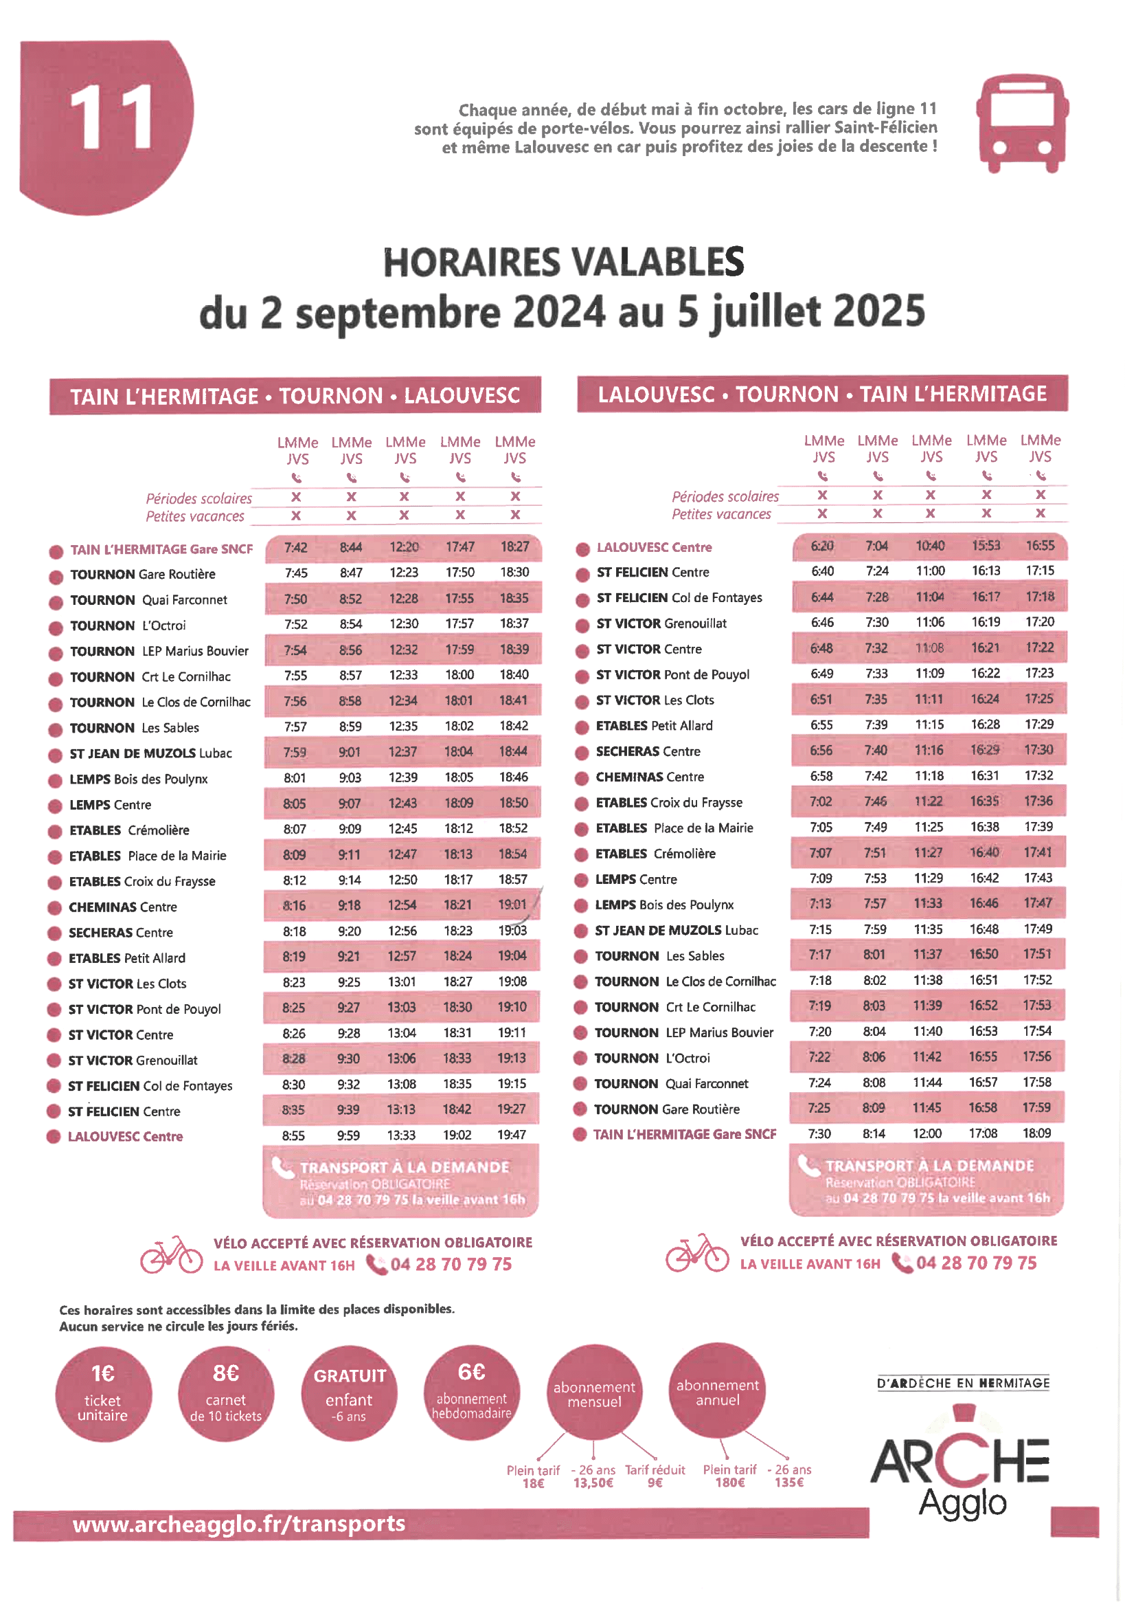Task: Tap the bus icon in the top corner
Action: [1022, 123]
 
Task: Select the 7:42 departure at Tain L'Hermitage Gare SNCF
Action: [295, 547]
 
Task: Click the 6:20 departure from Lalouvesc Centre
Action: [822, 546]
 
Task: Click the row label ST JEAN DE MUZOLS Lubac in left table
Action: [150, 754]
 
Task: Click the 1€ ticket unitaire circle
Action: [103, 1394]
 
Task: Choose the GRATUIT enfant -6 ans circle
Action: [349, 1393]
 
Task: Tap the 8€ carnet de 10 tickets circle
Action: [226, 1394]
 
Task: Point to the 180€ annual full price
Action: [729, 1483]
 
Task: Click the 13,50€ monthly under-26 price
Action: [593, 1483]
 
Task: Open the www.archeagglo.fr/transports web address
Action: [239, 1524]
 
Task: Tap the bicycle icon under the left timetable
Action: [172, 1254]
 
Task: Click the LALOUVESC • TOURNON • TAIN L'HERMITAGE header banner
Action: [822, 394]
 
